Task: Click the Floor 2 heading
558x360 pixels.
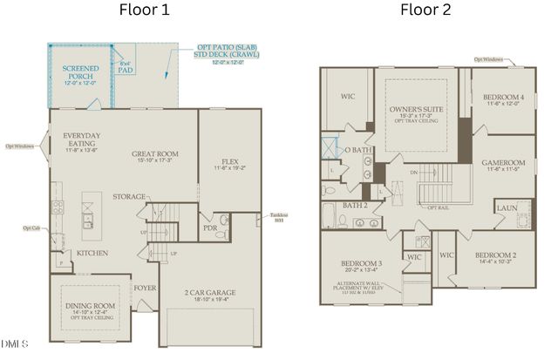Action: pos(425,10)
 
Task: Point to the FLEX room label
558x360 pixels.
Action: pos(230,162)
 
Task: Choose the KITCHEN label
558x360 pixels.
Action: pos(93,253)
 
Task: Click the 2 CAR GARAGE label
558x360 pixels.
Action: pos(210,293)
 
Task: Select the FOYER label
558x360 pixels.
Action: pos(145,287)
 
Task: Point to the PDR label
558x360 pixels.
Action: pos(210,228)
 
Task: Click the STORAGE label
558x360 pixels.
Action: pos(129,197)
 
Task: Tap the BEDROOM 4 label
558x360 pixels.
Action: pos(502,97)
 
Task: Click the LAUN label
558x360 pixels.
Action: pos(507,208)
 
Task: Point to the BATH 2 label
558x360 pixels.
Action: pos(353,205)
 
